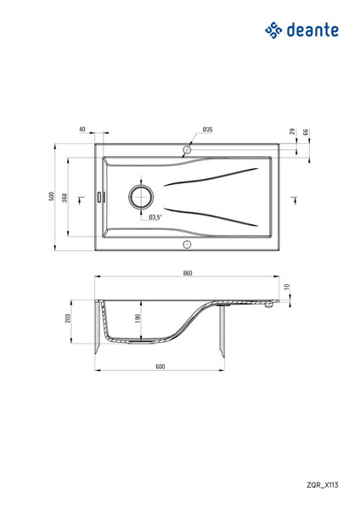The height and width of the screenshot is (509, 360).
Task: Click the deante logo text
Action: tap(312, 30)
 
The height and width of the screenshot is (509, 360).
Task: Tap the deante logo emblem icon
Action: tap(273, 31)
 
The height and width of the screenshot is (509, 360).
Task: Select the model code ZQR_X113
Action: tap(323, 485)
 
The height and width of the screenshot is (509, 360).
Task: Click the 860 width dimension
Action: tap(188, 273)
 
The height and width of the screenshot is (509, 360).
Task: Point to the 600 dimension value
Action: tap(160, 366)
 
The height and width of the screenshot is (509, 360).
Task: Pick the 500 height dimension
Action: tap(51, 197)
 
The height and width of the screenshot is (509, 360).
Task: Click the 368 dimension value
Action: tap(65, 198)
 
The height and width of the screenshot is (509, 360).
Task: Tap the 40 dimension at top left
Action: tap(82, 129)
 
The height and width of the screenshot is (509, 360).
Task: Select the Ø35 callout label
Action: tap(207, 129)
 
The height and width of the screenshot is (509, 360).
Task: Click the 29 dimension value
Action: tap(292, 131)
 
